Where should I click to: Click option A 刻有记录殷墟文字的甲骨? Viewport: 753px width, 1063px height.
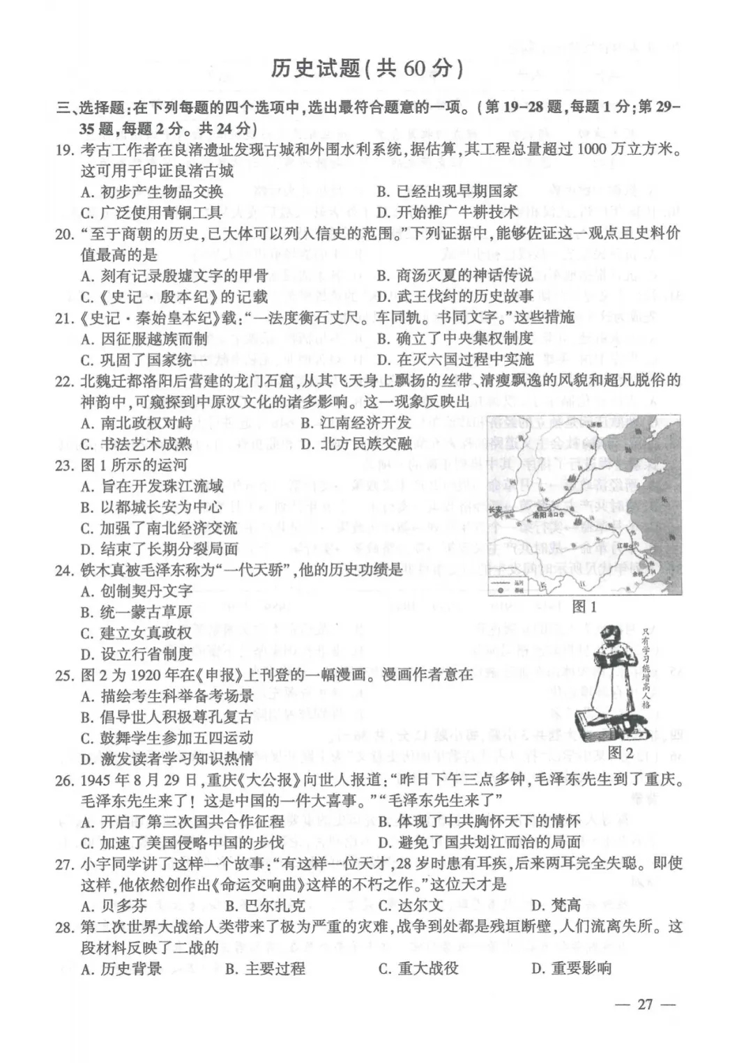[174, 275]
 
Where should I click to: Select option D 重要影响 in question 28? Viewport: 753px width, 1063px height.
[571, 969]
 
